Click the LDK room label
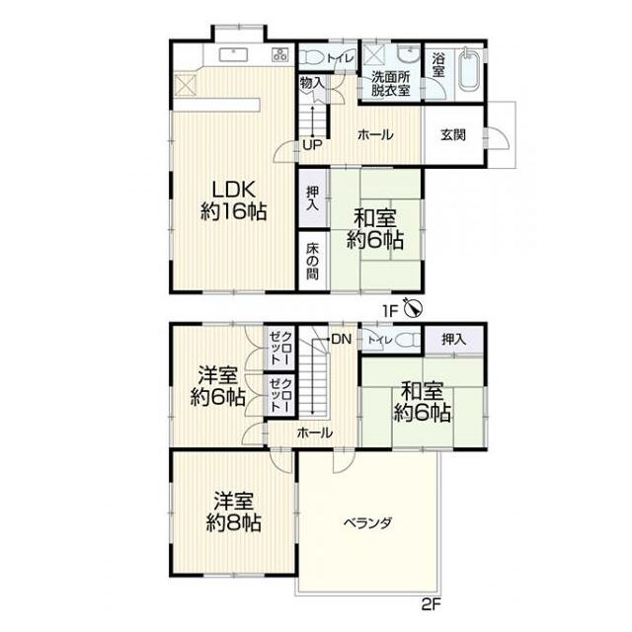tap(233, 200)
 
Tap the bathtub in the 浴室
tap(469, 71)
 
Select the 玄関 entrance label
tap(453, 134)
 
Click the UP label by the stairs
tap(313, 145)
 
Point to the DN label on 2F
tap(342, 340)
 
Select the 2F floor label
tap(432, 604)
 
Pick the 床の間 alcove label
tap(312, 261)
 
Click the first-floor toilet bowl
tap(312, 57)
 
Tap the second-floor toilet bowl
tap(408, 340)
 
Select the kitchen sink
tap(233, 54)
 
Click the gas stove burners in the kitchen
tap(279, 54)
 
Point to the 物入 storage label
tap(312, 83)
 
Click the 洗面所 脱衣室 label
tap(391, 83)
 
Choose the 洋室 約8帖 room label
tap(233, 512)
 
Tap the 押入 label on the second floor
tap(453, 340)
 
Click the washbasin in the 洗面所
tap(408, 55)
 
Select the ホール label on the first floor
tap(375, 134)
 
